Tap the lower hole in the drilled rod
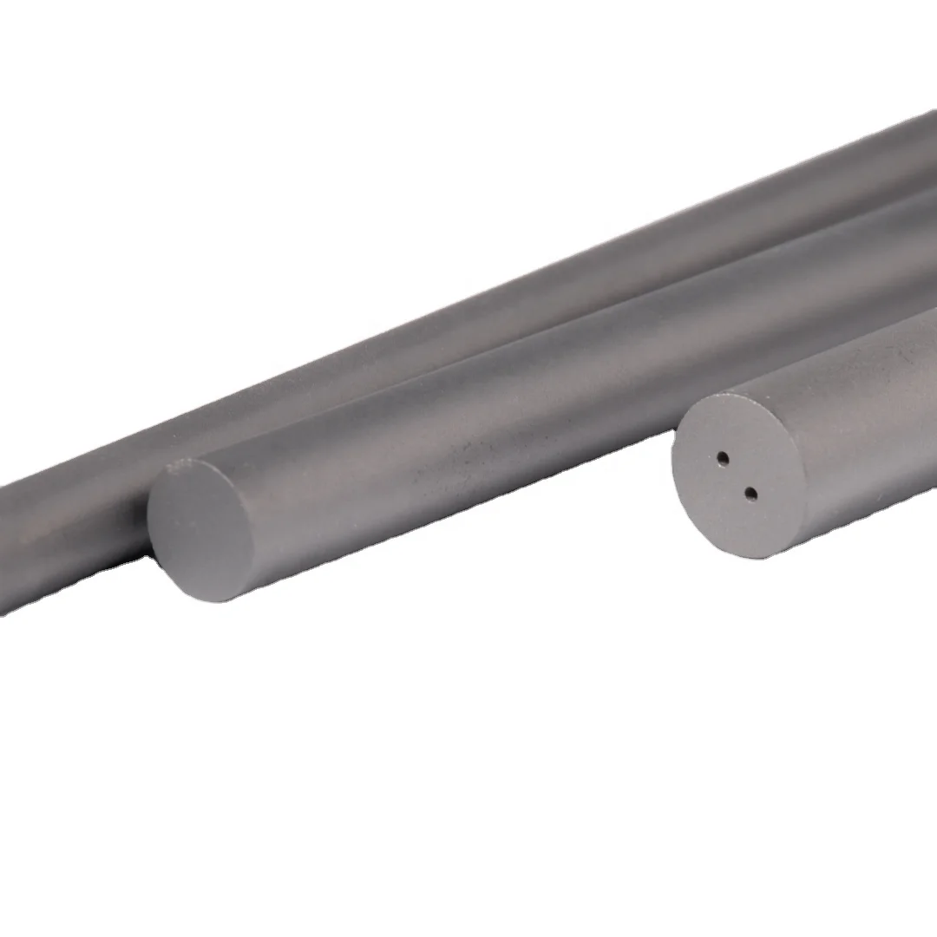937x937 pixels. click(751, 495)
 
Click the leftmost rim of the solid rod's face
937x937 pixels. click(147, 529)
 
